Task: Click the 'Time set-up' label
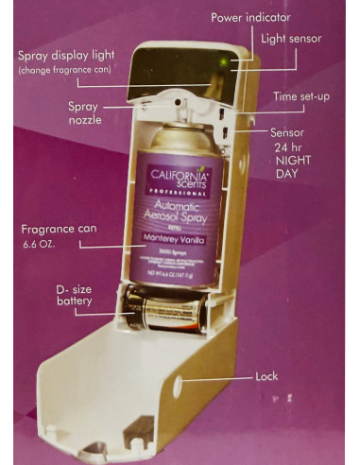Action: [x=301, y=96]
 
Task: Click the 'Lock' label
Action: [x=266, y=376]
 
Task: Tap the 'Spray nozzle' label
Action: [x=85, y=113]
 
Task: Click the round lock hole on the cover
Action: [x=181, y=387]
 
